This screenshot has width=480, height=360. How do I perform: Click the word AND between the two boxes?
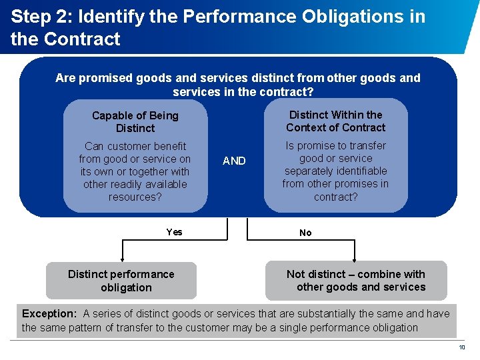coord(234,161)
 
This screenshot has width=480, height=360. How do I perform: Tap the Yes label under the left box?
coord(174,232)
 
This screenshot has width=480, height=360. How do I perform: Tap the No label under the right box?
coord(305,233)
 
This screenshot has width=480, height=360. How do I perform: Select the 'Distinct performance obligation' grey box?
coord(121,281)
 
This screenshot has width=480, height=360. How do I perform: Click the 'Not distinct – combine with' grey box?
coord(356,281)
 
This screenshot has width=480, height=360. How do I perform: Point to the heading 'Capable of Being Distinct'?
coord(135,122)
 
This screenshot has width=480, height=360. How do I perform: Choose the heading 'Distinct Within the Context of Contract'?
coord(336,121)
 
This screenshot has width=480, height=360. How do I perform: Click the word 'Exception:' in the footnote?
coord(49,313)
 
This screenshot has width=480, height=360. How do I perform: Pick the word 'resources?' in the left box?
coord(135,197)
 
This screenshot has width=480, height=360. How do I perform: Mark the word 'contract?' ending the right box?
coord(336,197)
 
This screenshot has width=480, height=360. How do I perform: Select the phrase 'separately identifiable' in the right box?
coord(336,171)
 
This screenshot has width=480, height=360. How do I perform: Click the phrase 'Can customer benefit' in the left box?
coord(135,146)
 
